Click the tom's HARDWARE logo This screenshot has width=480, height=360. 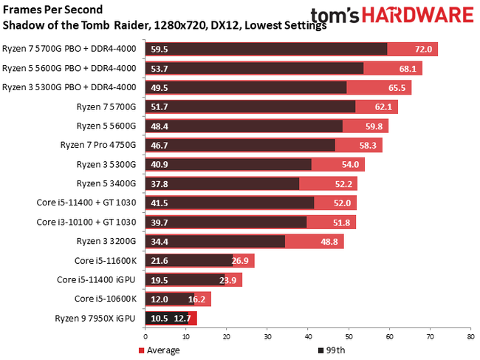tap(392, 16)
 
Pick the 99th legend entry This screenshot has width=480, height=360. tap(333, 350)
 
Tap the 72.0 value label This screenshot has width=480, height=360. tap(422, 50)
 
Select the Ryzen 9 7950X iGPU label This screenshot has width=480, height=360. tap(95, 318)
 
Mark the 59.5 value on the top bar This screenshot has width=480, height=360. tap(160, 50)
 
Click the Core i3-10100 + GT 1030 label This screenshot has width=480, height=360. tap(86, 222)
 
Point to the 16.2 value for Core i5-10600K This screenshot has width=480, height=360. tap(197, 299)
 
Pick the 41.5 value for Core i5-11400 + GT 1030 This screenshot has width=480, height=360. tap(160, 203)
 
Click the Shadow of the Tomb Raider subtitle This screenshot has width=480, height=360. tap(165, 25)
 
